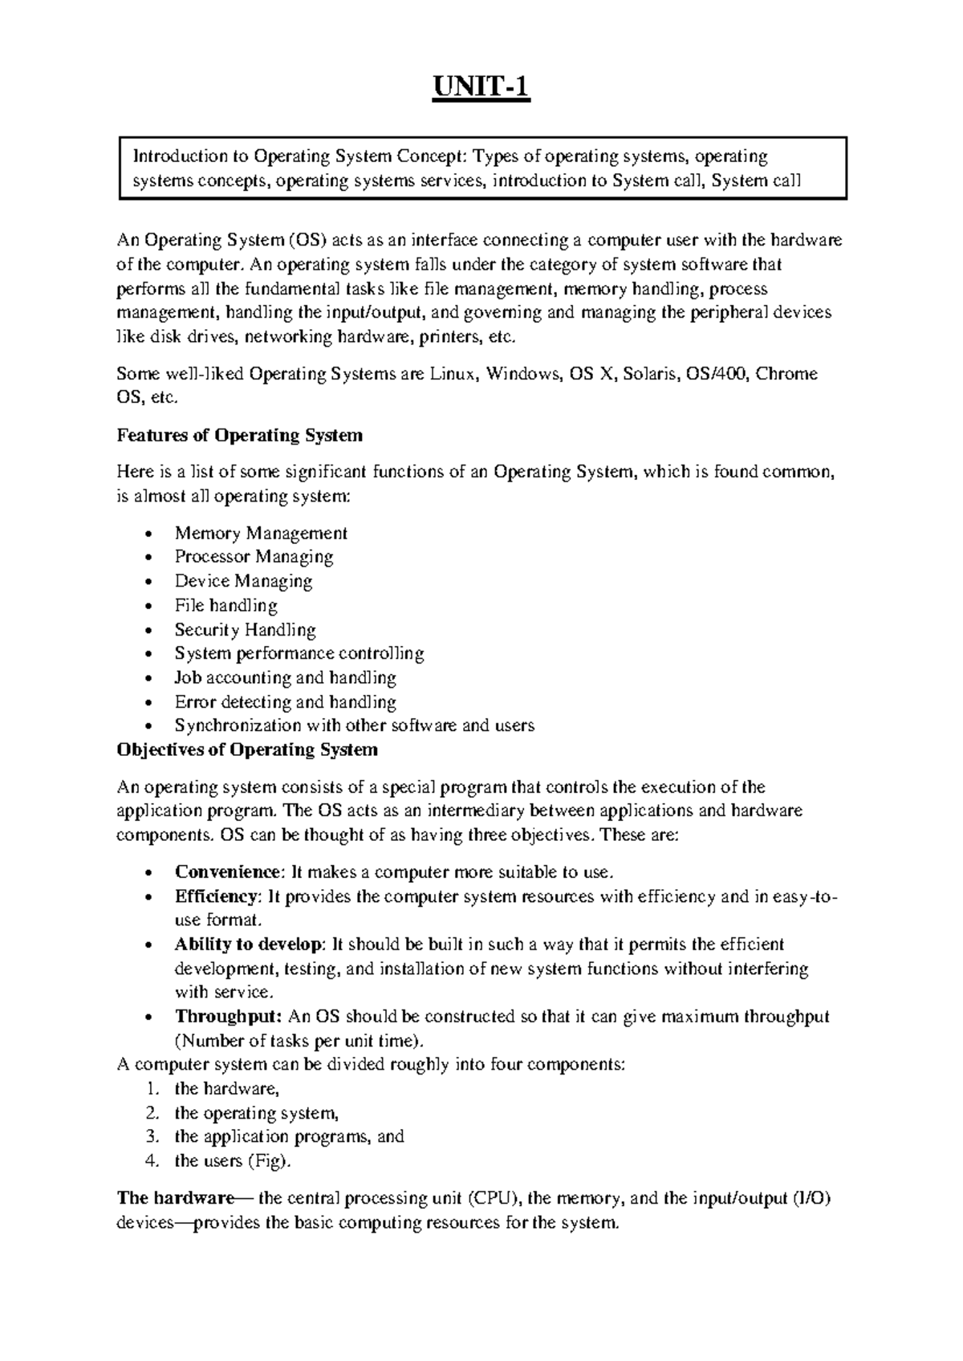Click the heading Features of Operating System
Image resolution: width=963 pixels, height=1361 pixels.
pos(239,436)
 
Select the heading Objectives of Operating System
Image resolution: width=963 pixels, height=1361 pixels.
pos(246,750)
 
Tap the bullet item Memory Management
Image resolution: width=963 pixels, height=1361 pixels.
pos(261,533)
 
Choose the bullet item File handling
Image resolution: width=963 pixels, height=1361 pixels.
pos(226,605)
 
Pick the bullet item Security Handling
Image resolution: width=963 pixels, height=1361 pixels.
pos(245,630)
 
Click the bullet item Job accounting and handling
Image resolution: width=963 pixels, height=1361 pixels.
pos(285,678)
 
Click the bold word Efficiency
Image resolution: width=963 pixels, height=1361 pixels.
pos(216,896)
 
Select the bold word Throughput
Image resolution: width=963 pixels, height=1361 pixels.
pos(226,1017)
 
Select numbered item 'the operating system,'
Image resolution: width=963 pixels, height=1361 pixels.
pos(257,1113)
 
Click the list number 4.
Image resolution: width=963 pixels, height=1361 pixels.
pos(152,1161)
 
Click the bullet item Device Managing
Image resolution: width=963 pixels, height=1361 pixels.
pos(243,581)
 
